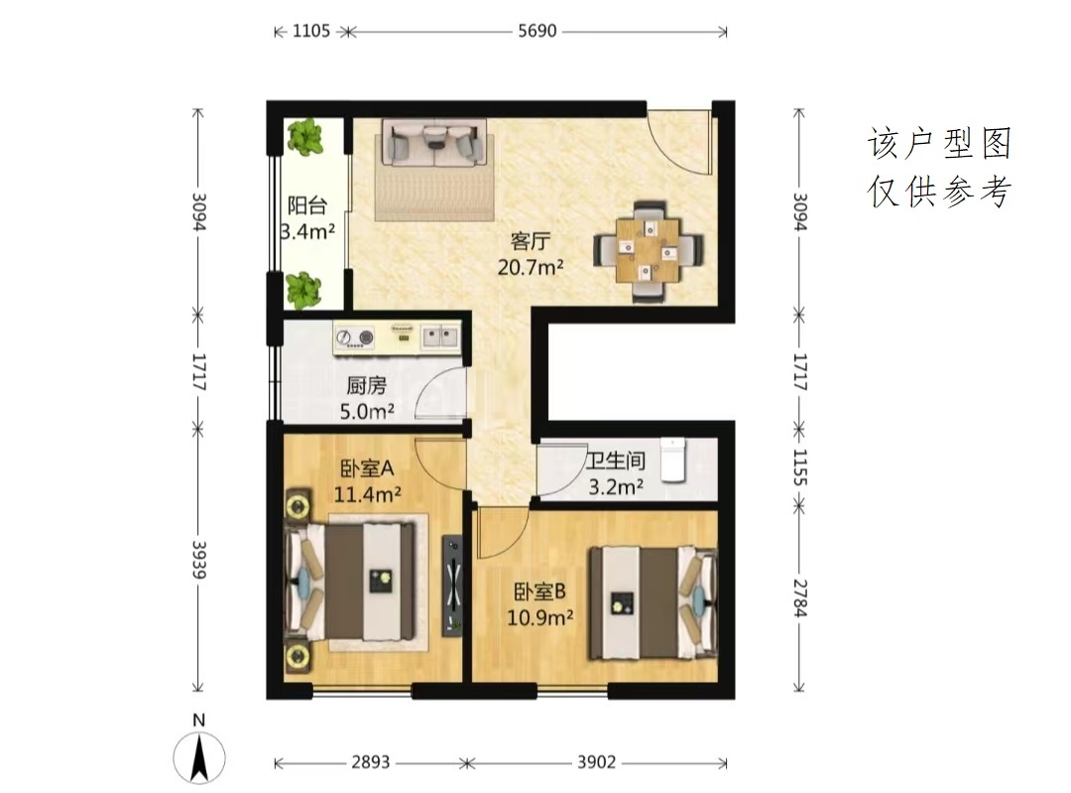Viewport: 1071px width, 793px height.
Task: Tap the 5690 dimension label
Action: tap(537, 31)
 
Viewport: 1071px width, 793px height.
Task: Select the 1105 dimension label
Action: tap(310, 31)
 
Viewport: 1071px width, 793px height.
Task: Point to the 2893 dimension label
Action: tap(371, 761)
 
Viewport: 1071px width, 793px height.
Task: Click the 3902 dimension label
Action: tap(596, 761)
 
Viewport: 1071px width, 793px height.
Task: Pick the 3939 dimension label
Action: tap(198, 560)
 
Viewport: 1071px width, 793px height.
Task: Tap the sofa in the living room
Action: tap(434, 143)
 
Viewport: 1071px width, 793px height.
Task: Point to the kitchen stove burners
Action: tap(356, 337)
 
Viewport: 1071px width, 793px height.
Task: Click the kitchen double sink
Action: tap(439, 335)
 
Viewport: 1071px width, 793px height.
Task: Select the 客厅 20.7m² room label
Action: tap(530, 254)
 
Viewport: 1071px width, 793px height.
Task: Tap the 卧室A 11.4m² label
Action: tap(368, 480)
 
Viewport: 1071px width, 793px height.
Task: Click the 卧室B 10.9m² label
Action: tap(539, 604)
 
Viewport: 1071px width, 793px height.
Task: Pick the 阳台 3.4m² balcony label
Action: tap(307, 218)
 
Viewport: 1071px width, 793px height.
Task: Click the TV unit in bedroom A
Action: tap(452, 586)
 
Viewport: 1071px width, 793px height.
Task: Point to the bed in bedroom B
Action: tap(654, 602)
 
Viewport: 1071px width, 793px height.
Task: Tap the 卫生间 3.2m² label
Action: tap(616, 473)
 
